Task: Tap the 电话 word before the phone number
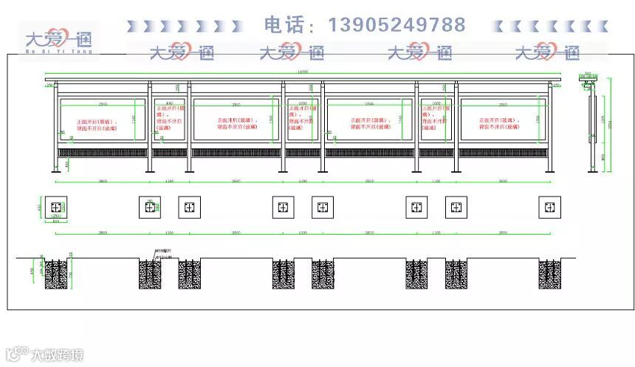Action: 284,25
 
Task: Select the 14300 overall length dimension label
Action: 302,72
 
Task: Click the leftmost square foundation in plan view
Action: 55,207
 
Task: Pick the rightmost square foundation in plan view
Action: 549,207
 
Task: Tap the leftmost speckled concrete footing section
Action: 55,273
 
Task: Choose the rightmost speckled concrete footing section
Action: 549,273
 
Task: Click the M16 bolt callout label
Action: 163,251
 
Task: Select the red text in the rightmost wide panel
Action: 502,123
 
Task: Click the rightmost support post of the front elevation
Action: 549,129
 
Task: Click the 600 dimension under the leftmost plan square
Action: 55,222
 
